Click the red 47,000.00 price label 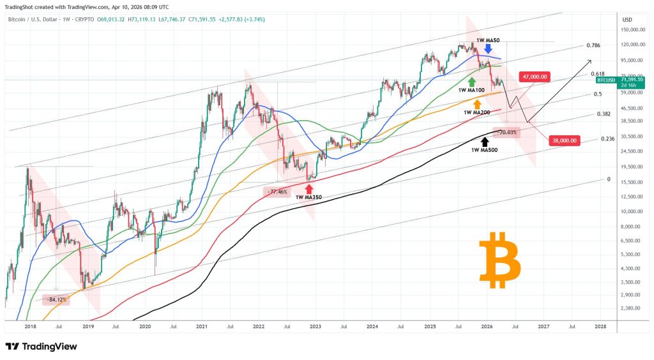coord(535,77)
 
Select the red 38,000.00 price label coord(564,140)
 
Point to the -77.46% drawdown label coord(277,191)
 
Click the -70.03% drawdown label coord(508,133)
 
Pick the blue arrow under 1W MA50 coord(488,49)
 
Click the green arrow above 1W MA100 coord(472,82)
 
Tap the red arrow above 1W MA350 coord(309,188)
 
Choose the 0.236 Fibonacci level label coord(607,139)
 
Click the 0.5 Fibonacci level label coord(598,94)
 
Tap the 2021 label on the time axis coord(201,326)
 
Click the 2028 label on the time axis coord(600,326)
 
